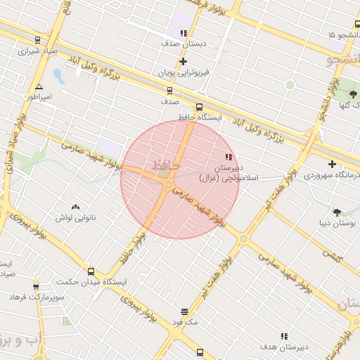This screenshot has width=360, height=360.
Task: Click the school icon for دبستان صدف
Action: click(x=184, y=32)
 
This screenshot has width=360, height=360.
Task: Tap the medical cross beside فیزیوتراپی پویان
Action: click(x=184, y=61)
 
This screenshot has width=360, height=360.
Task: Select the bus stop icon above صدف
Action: click(x=169, y=90)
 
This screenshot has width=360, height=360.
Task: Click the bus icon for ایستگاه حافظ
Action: click(x=199, y=108)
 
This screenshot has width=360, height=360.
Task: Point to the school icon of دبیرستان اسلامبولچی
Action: click(x=228, y=157)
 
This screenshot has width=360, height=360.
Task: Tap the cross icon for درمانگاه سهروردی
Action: click(x=332, y=164)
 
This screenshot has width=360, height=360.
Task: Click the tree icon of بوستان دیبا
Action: click(x=337, y=212)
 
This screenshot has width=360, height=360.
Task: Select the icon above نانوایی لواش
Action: click(x=75, y=207)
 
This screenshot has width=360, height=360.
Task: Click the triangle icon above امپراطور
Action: click(x=39, y=86)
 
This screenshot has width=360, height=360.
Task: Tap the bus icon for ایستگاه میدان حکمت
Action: click(x=91, y=271)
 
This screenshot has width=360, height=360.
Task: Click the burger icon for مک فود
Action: click(x=184, y=311)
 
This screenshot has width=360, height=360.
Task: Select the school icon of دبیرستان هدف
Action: click(x=285, y=337)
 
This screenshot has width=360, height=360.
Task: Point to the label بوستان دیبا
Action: click(x=337, y=223)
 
